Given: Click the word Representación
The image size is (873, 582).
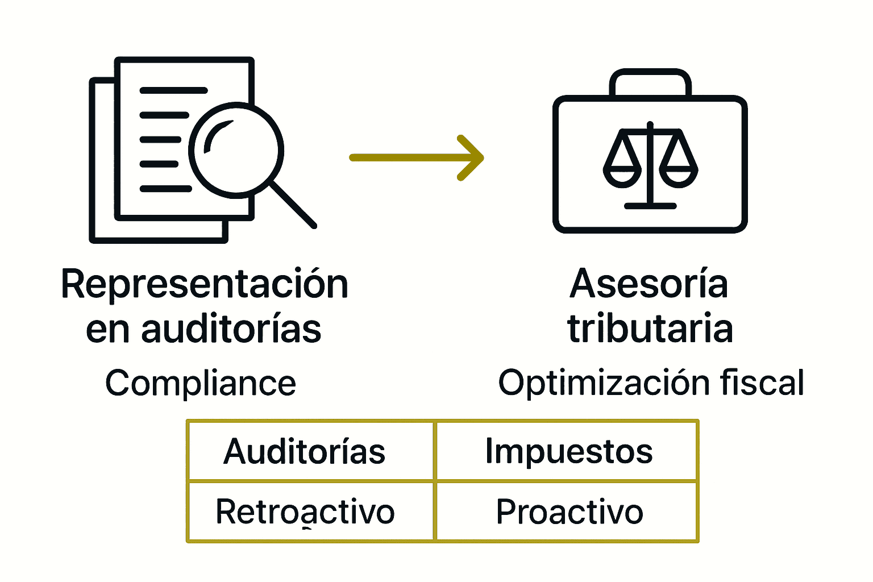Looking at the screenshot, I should (204, 284).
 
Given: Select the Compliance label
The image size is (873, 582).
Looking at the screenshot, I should (200, 383).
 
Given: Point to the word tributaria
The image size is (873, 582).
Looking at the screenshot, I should (650, 329).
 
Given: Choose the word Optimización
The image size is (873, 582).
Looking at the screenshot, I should (603, 383).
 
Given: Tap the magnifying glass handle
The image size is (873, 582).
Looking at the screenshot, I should (292, 205).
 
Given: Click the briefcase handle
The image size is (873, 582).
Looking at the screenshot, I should (650, 80).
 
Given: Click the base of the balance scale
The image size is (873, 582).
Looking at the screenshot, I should (650, 205).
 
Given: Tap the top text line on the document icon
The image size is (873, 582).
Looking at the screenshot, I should (173, 90).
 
